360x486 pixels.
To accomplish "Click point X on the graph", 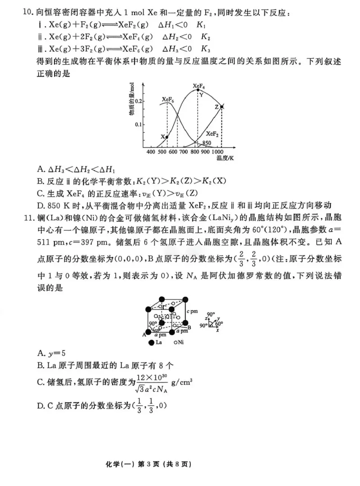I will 167,137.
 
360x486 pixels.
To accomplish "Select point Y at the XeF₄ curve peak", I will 198,90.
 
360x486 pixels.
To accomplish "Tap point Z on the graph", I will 221,107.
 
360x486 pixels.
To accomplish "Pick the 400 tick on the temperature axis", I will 151,152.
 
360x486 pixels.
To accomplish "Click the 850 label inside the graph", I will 206,143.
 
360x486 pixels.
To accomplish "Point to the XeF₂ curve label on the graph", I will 212,134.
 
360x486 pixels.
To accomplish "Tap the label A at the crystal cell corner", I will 145,334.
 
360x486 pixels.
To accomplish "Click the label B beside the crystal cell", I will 189,327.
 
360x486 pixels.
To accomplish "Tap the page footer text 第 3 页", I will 180,464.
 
